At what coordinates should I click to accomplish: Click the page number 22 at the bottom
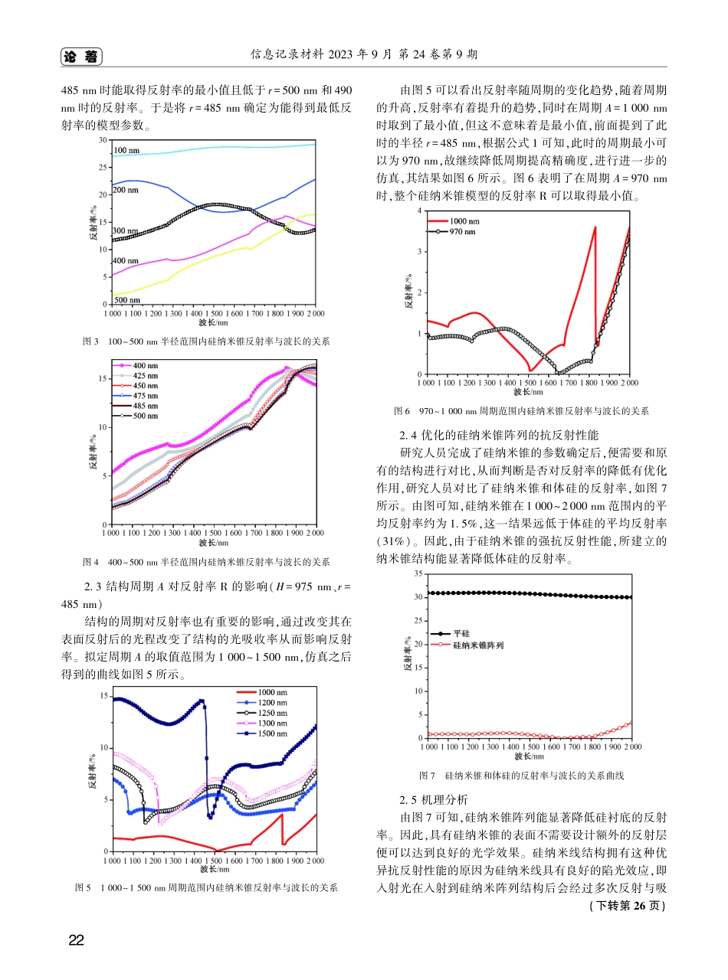click(x=76, y=941)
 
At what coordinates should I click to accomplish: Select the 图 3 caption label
click(x=90, y=341)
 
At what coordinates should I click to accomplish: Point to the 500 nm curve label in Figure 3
click(x=126, y=299)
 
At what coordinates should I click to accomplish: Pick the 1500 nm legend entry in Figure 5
click(x=272, y=733)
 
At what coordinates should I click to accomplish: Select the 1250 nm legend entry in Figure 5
click(x=272, y=713)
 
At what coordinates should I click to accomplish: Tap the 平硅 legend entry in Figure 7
click(x=462, y=634)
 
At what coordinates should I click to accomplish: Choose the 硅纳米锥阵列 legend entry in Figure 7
click(x=478, y=645)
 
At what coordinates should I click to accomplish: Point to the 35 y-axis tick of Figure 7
click(x=417, y=573)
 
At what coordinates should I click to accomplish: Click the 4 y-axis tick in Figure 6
click(x=418, y=210)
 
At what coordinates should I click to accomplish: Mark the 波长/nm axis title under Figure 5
click(x=214, y=870)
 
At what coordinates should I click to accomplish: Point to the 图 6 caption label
click(x=402, y=411)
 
